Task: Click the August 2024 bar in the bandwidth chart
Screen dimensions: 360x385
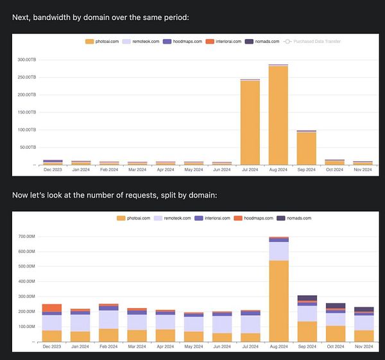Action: click(278, 116)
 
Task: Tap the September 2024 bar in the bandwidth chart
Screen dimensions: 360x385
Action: click(306, 148)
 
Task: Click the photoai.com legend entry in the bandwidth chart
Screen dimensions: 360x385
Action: click(102, 42)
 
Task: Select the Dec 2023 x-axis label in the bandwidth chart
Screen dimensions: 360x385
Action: click(53, 170)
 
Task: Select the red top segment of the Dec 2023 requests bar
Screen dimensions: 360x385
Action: click(52, 308)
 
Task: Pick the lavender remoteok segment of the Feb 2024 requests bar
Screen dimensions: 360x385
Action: click(108, 320)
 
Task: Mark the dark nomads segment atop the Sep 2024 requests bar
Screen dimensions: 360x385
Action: click(306, 298)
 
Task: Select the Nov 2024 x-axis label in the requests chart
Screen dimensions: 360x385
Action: click(363, 347)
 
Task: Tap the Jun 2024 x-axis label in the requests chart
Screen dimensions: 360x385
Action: click(221, 347)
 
